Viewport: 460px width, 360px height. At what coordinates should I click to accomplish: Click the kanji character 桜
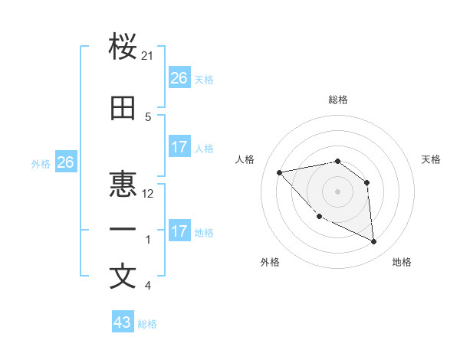[123, 47]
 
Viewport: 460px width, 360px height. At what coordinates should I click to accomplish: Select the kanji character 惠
[123, 185]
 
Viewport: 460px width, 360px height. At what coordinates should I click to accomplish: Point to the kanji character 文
[123, 277]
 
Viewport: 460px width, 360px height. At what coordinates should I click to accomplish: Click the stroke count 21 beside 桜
[148, 56]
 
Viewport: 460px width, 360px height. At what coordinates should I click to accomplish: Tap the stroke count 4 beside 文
[148, 286]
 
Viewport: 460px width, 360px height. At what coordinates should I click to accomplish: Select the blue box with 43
[123, 322]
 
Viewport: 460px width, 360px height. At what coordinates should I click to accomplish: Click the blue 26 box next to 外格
[66, 162]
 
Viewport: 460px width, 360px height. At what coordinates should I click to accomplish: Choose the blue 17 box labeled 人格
[179, 147]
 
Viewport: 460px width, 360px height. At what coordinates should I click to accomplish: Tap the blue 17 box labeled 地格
[179, 231]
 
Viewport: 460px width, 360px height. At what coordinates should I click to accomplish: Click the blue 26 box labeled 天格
[179, 78]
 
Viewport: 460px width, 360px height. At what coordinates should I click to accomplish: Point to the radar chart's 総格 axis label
[337, 100]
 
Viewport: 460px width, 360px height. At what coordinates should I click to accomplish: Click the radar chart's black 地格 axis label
[402, 262]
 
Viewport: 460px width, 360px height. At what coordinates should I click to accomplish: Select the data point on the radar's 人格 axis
[280, 172]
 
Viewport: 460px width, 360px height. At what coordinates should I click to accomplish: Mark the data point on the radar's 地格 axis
[374, 242]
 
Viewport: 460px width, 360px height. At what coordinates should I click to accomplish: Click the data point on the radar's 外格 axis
[320, 216]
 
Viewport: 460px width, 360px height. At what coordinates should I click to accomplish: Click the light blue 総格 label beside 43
[147, 324]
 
